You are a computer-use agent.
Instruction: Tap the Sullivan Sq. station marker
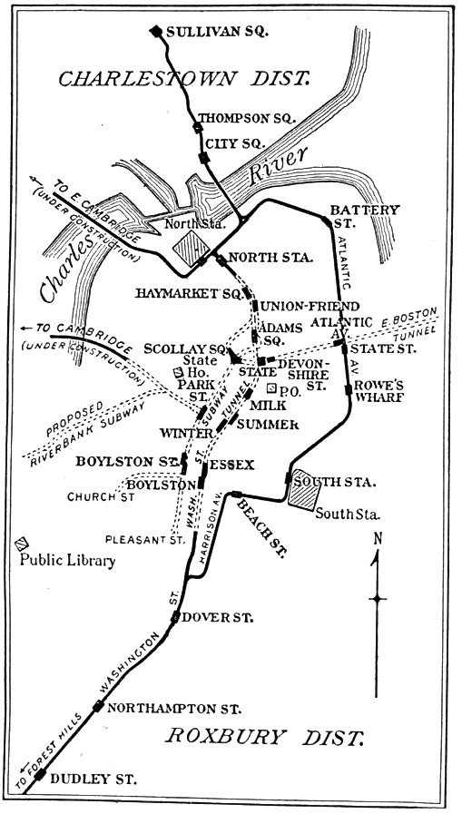pyautogui.click(x=156, y=31)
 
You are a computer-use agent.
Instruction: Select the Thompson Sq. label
pyautogui.click(x=234, y=118)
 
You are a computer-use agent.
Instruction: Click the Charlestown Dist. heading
pyautogui.click(x=183, y=79)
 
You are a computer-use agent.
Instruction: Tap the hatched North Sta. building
pyautogui.click(x=192, y=246)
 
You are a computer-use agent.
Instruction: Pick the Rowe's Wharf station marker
pyautogui.click(x=348, y=390)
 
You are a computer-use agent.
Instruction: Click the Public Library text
pyautogui.click(x=68, y=560)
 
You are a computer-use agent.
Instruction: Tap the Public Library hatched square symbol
pyautogui.click(x=20, y=544)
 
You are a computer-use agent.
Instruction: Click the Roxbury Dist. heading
pyautogui.click(x=264, y=736)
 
